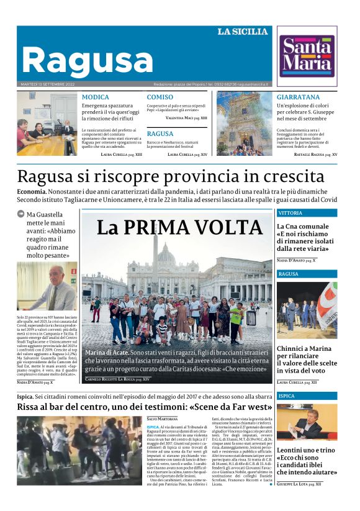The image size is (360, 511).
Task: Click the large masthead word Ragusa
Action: click(x=87, y=61)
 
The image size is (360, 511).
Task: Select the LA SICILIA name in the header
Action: click(x=242, y=32)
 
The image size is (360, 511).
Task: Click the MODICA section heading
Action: click(x=95, y=97)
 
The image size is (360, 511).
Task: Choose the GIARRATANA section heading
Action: click(x=298, y=97)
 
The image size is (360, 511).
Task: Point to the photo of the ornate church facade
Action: click(x=243, y=124)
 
